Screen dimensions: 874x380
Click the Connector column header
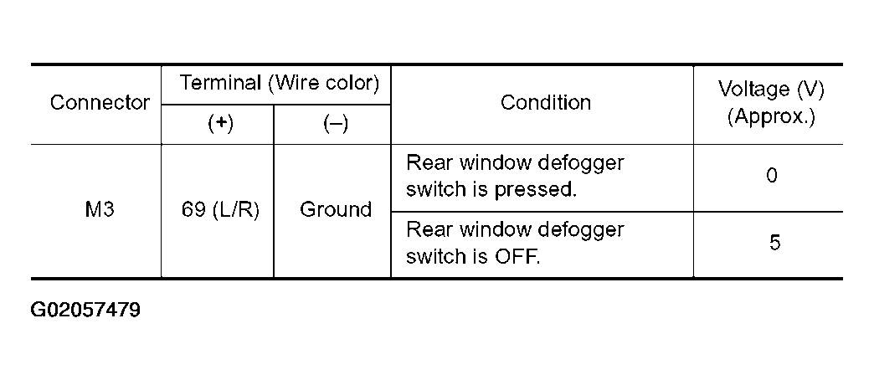pyautogui.click(x=100, y=102)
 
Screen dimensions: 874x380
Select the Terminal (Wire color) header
pyautogui.click(x=279, y=84)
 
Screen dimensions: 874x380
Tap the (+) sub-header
pyautogui.click(x=220, y=124)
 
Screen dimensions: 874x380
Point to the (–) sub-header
pyautogui.click(x=335, y=124)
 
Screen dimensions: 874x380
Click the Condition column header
pyautogui.click(x=546, y=102)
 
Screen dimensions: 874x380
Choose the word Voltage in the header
pyautogui.click(x=747, y=90)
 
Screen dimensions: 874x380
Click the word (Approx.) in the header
pyautogui.click(x=771, y=117)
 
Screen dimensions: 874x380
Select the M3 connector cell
pyautogui.click(x=100, y=209)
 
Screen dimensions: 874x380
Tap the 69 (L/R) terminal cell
pyautogui.click(x=221, y=210)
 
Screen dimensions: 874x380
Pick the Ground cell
pyautogui.click(x=336, y=209)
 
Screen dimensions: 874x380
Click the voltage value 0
pyautogui.click(x=771, y=176)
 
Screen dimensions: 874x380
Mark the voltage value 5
pyautogui.click(x=774, y=243)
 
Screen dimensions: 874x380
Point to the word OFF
pyautogui.click(x=517, y=256)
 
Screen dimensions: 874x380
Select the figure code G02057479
pyautogui.click(x=85, y=310)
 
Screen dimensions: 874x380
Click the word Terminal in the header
pyautogui.click(x=221, y=84)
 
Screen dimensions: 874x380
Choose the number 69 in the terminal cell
pyautogui.click(x=193, y=210)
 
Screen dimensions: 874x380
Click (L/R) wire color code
pyautogui.click(x=236, y=210)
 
